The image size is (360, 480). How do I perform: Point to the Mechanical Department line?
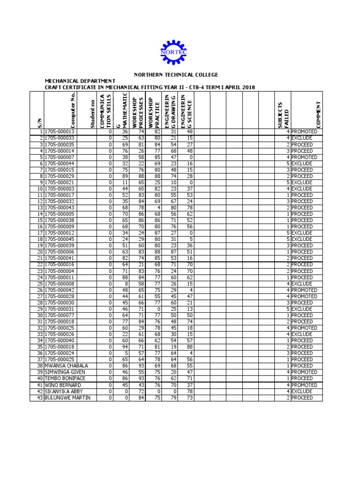(x=80, y=81)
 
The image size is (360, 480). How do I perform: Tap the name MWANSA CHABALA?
(x=67, y=366)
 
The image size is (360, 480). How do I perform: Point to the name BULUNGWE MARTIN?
(x=67, y=397)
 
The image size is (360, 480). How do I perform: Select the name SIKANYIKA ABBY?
(x=64, y=391)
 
